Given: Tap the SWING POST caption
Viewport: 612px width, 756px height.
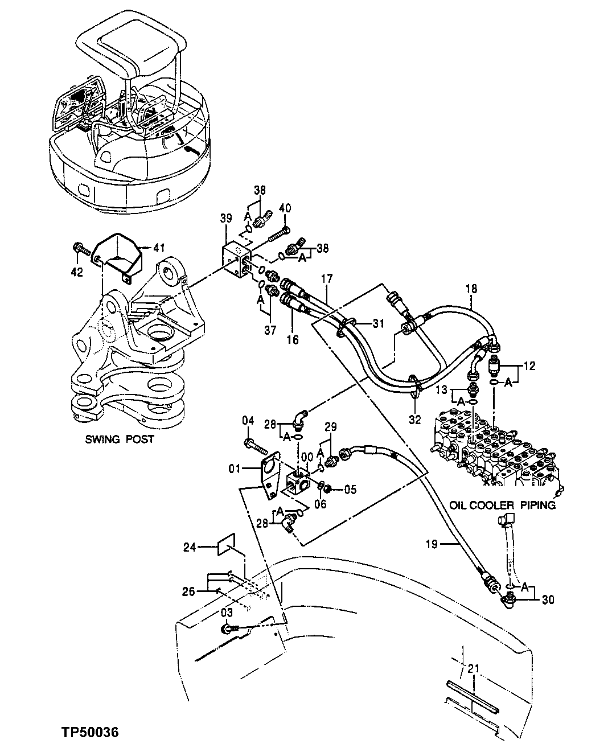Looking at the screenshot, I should [x=120, y=440].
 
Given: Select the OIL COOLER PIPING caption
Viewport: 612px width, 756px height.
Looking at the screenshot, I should [x=502, y=505].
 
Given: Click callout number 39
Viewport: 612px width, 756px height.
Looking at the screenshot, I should [x=226, y=219].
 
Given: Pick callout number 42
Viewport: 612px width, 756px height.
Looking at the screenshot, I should [x=77, y=272].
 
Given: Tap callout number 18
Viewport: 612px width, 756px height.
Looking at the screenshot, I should [x=471, y=290].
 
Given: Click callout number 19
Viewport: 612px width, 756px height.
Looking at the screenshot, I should [x=431, y=545].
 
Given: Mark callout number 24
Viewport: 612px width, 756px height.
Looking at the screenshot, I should [x=189, y=548].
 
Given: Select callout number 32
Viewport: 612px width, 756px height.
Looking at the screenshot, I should [x=415, y=420].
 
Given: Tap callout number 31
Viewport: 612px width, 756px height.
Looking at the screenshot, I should [x=379, y=324].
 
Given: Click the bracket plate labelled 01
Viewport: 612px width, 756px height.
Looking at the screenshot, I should [x=268, y=472].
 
